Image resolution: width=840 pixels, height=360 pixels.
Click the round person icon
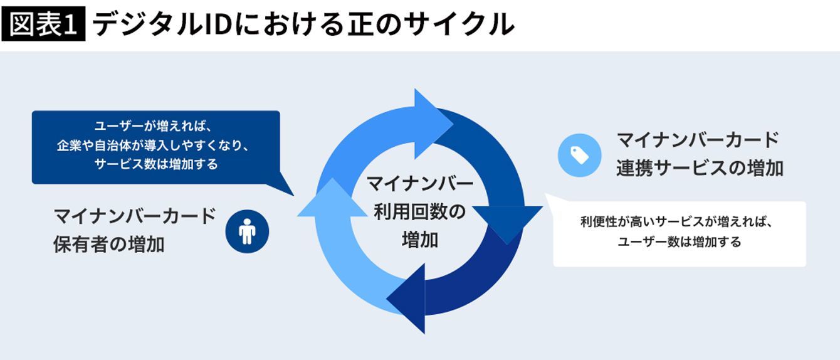click(247, 231)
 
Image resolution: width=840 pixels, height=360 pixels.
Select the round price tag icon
click(579, 155)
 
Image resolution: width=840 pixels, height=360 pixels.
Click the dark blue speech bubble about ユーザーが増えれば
click(155, 147)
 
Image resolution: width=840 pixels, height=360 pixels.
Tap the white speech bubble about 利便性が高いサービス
click(679, 233)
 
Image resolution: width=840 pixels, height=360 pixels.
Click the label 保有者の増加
click(109, 244)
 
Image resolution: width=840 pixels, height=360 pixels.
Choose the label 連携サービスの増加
click(700, 168)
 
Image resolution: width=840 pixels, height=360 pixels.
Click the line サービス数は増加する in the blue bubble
click(156, 164)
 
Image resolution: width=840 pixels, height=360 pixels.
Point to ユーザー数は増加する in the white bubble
click(679, 242)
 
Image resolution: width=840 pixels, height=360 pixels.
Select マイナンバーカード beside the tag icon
click(698, 139)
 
